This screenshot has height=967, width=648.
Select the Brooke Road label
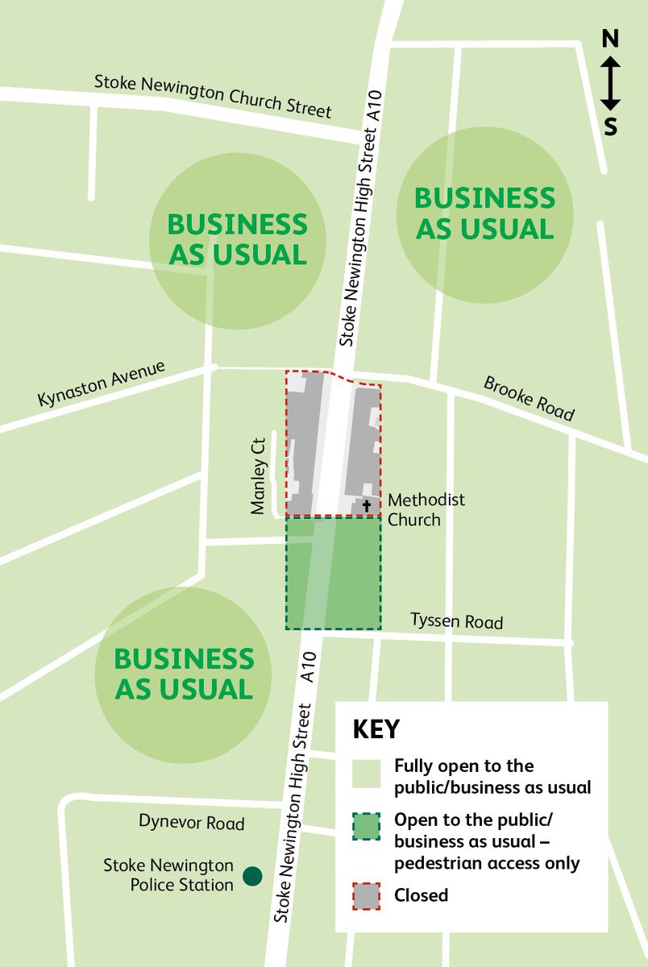(x=529, y=398)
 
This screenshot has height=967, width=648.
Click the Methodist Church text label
(x=426, y=510)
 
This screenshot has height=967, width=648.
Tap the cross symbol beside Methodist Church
(x=367, y=506)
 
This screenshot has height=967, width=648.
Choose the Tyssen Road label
(x=456, y=621)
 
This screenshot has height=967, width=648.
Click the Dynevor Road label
(x=191, y=824)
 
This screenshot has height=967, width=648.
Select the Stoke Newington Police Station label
(x=168, y=875)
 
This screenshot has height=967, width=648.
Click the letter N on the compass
(x=611, y=39)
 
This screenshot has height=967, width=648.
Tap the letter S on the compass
(x=611, y=127)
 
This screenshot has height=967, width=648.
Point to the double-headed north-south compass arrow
(x=611, y=82)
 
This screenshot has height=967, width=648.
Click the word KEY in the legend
(x=376, y=729)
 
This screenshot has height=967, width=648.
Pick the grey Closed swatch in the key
(x=367, y=894)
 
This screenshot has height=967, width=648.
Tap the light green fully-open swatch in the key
(x=367, y=774)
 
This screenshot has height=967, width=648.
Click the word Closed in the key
(x=421, y=894)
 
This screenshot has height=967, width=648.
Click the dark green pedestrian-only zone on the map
(x=334, y=573)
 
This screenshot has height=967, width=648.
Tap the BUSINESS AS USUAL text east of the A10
(x=484, y=214)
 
